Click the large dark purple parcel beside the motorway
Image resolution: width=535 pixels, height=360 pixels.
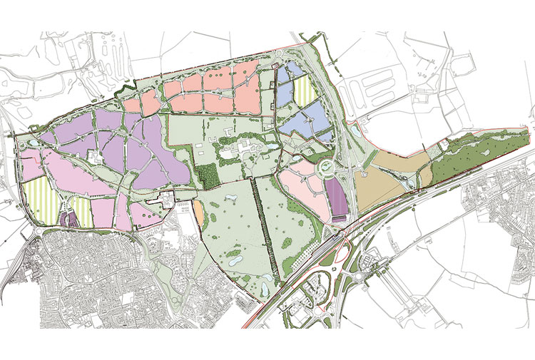pyautogui.click(x=336, y=198)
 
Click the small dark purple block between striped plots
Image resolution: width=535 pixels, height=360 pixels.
pyautogui.click(x=66, y=218)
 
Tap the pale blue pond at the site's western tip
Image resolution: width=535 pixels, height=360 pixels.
pyautogui.click(x=31, y=143)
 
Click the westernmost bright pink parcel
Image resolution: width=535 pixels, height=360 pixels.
pyautogui.click(x=31, y=168)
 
